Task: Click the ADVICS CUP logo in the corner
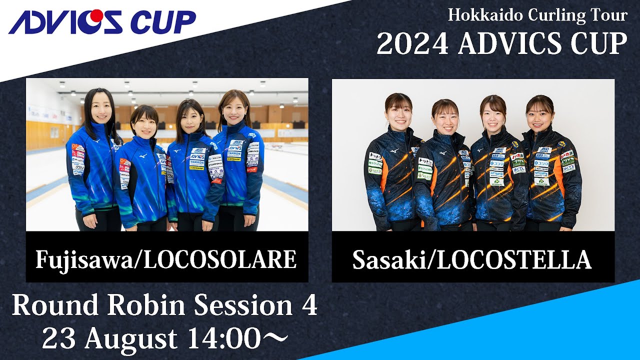(102, 22)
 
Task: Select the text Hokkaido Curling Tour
(537, 15)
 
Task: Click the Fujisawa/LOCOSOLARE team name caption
(166, 259)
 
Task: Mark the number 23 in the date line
(59, 339)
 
